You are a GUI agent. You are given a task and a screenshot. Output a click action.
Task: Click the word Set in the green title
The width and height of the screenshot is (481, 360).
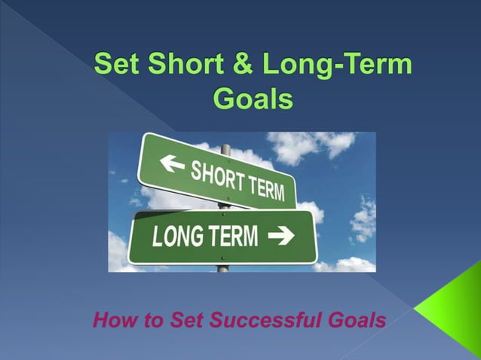(116, 66)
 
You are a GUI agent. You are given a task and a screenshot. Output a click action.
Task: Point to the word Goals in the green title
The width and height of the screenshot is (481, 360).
(253, 99)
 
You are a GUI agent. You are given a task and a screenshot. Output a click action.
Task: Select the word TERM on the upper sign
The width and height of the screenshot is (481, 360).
(268, 188)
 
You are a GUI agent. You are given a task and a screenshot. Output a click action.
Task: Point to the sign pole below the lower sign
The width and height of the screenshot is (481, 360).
(222, 267)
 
